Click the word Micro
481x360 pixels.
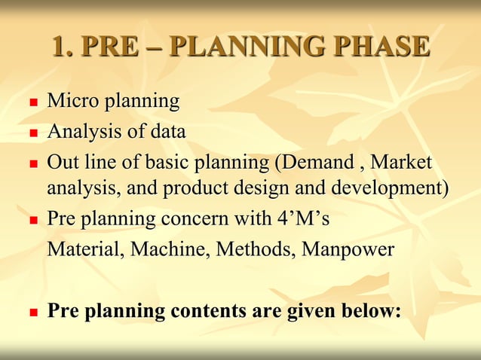click(x=73, y=100)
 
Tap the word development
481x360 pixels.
click(x=390, y=187)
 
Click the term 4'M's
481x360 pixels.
click(x=301, y=218)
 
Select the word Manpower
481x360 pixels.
click(x=348, y=249)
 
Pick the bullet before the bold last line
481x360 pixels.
click(x=32, y=312)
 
